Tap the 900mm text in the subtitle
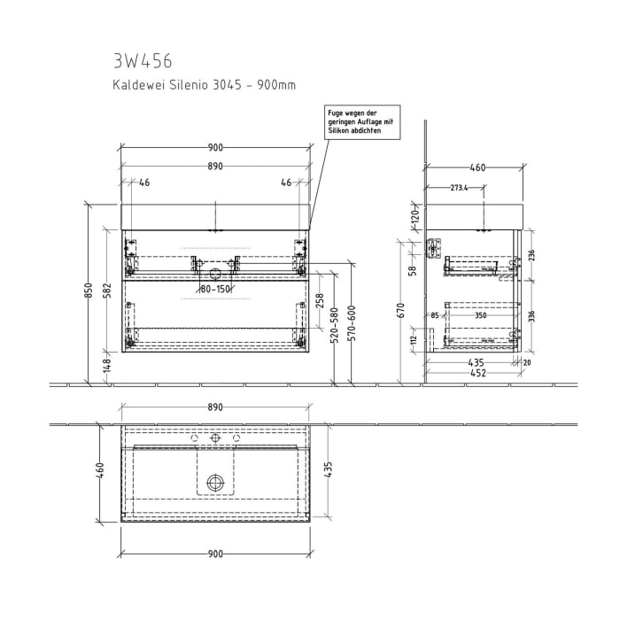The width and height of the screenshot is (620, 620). coord(275,85)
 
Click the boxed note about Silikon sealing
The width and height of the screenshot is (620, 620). coord(359,120)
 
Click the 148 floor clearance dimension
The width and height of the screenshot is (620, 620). coord(107,366)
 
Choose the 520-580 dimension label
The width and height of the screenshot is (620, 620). coord(336,327)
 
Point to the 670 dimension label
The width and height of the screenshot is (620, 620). coord(401,309)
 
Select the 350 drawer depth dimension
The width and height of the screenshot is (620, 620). coord(481,314)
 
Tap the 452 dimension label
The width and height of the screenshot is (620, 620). coord(477,373)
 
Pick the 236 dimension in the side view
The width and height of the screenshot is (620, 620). coord(531,255)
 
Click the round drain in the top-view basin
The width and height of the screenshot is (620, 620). coord(214,483)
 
